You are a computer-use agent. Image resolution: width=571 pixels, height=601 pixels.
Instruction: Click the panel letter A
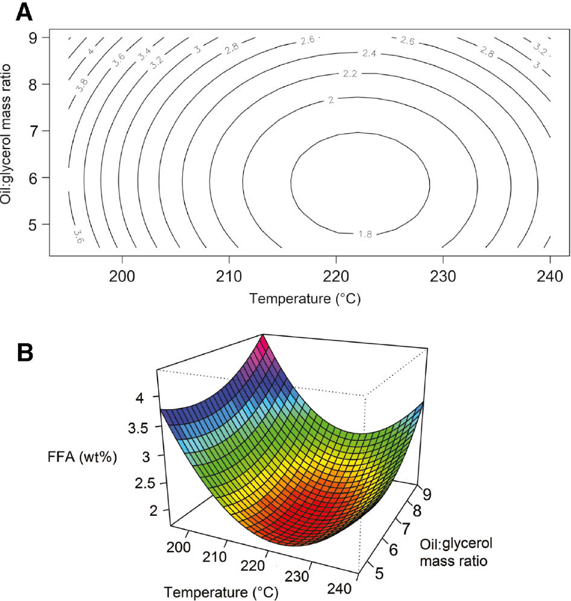coord(24,11)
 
